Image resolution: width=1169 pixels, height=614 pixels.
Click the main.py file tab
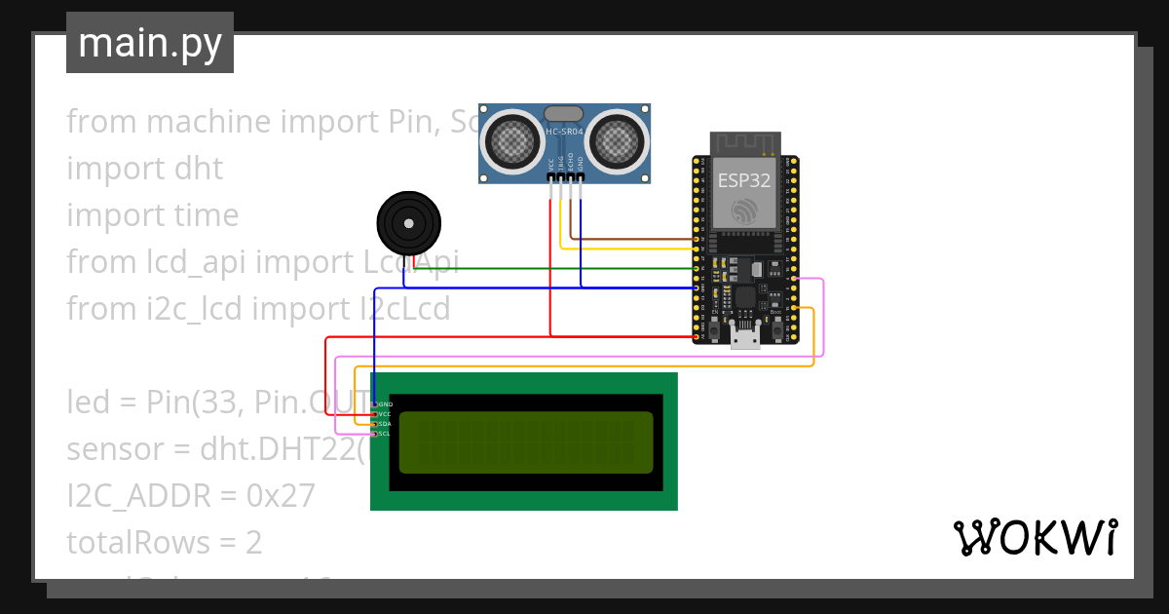[x=150, y=43]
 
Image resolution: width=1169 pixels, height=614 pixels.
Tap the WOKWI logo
[x=1035, y=537]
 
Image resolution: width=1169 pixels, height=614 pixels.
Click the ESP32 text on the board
[x=744, y=180]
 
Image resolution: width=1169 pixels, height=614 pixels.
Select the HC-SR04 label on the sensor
[x=565, y=132]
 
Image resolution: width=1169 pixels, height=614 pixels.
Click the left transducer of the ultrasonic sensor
[x=514, y=141]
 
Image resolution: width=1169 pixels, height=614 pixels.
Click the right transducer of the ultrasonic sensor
[x=616, y=141]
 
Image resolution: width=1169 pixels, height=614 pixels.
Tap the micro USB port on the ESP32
[x=746, y=338]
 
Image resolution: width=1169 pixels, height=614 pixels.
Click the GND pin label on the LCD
[x=385, y=403]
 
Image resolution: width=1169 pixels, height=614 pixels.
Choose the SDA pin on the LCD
[x=384, y=424]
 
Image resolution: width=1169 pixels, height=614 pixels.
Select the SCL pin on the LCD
[x=384, y=434]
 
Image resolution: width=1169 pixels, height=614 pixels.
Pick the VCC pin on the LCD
[x=384, y=414]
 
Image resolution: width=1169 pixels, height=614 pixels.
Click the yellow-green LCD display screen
[x=526, y=442]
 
